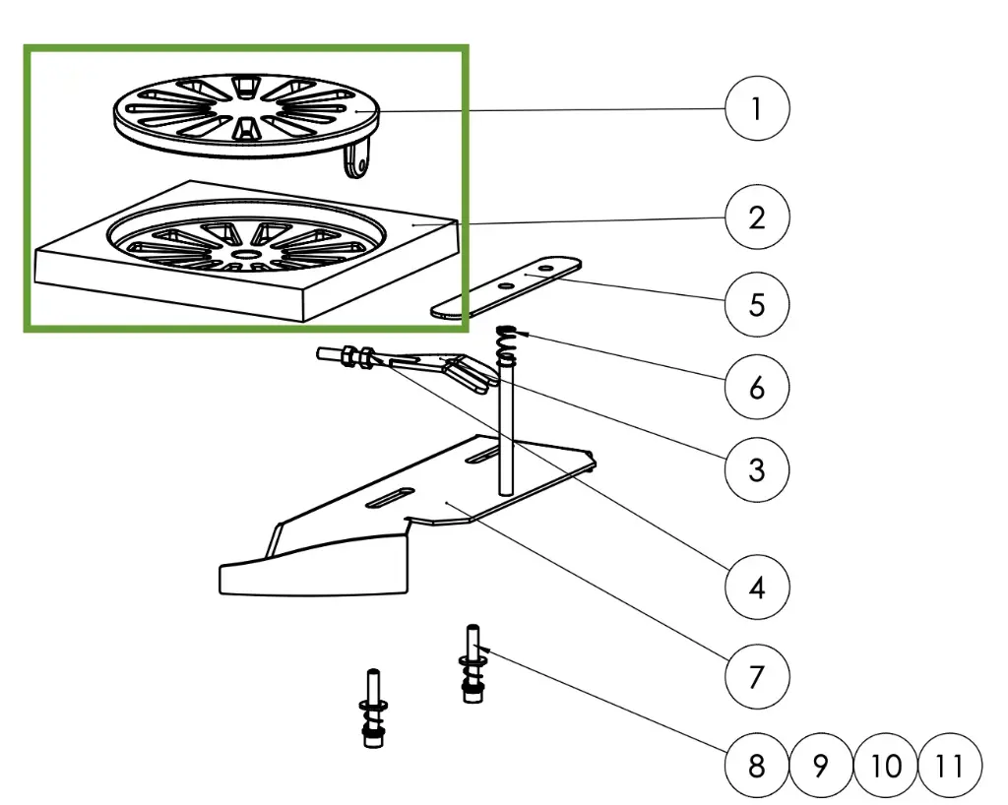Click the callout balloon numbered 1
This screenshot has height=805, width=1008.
click(756, 108)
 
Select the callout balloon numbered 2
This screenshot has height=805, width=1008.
click(756, 216)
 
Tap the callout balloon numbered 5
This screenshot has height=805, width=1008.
click(756, 303)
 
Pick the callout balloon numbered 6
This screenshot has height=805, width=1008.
click(756, 387)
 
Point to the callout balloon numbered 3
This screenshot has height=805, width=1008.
click(756, 469)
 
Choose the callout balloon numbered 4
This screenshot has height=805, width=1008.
click(756, 588)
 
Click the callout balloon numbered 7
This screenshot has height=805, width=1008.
click(756, 677)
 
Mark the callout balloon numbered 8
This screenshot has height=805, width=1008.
click(756, 765)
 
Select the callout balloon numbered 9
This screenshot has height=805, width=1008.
click(821, 765)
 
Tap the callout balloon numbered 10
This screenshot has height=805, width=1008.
click(886, 765)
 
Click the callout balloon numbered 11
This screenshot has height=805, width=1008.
click(950, 765)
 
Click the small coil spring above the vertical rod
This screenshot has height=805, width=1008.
click(507, 344)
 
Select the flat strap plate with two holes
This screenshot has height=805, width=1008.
click(507, 287)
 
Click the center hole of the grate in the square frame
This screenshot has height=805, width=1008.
click(242, 252)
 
